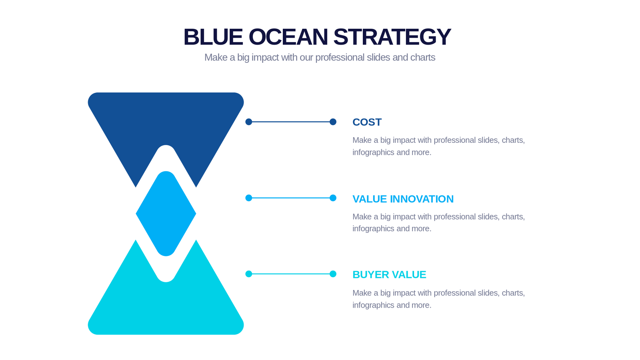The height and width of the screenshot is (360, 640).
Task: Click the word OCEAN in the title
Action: [288, 37]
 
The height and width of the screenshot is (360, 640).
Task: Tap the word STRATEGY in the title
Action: [392, 37]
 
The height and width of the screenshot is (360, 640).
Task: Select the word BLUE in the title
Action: [213, 37]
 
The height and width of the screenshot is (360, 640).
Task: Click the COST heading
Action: [367, 122]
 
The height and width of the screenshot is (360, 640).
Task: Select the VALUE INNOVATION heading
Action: [403, 199]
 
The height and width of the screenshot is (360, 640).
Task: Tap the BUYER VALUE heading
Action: [389, 275]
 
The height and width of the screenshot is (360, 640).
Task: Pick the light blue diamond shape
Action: [166, 214]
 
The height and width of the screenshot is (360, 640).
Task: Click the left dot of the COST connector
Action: [249, 122]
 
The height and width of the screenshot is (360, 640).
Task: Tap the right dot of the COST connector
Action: [333, 122]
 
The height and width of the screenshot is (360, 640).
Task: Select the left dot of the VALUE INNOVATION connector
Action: [249, 198]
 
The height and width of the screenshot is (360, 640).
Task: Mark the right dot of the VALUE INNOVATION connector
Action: [333, 198]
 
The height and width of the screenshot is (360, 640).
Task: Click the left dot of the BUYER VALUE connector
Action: [249, 274]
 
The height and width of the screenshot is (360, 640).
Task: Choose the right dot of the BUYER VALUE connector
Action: [333, 274]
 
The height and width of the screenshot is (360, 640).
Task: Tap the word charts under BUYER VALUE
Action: [513, 293]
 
